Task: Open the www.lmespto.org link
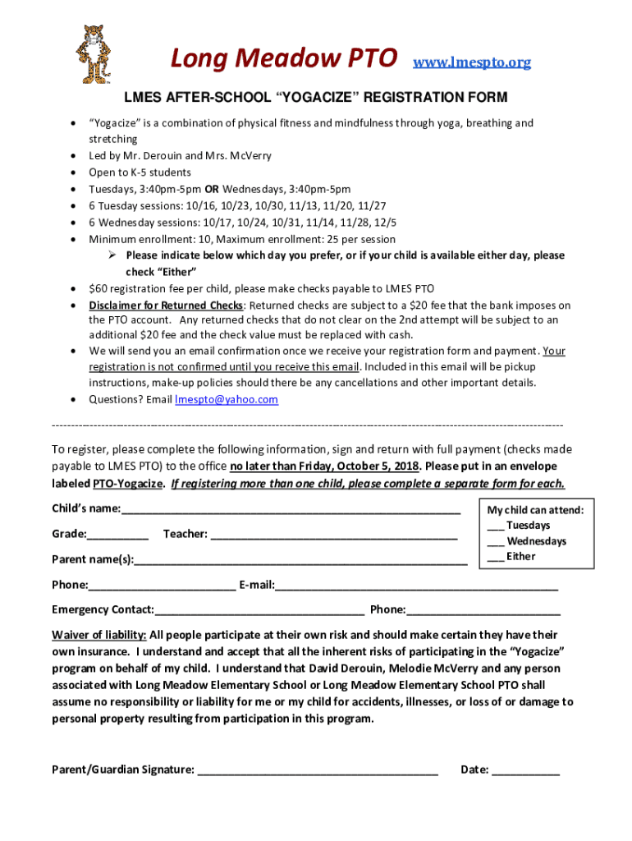point(471,62)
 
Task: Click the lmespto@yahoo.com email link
point(227,400)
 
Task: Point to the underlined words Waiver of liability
point(99,636)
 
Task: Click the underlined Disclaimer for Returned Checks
point(167,306)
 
